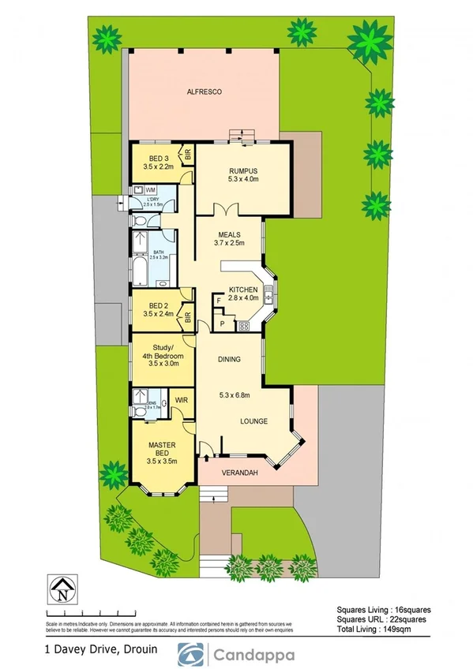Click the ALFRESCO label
pyautogui.click(x=204, y=92)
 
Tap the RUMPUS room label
pyautogui.click(x=243, y=171)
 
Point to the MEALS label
pyautogui.click(x=229, y=234)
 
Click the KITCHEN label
pyautogui.click(x=243, y=290)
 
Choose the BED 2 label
pyautogui.click(x=158, y=305)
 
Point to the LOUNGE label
pyautogui.click(x=253, y=421)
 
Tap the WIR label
pyautogui.click(x=180, y=400)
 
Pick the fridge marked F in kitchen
pyautogui.click(x=219, y=301)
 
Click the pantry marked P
pyautogui.click(x=222, y=323)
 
